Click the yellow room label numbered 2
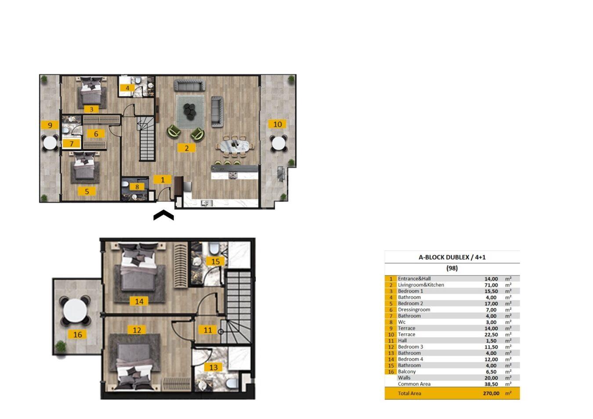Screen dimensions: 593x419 (187, 148)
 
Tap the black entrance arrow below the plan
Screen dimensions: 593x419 (163, 215)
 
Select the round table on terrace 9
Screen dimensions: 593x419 (50, 143)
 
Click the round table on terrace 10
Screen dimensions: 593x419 (278, 143)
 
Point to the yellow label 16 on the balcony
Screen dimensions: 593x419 (78, 335)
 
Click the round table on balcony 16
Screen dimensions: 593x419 (76, 310)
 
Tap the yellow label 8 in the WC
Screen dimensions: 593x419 (137, 187)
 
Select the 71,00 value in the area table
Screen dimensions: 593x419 (491, 285)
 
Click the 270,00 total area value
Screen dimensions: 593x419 (491, 394)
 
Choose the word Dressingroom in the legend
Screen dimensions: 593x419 (414, 310)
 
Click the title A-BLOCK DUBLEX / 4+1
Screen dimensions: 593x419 (452, 257)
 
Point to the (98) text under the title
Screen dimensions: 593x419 (452, 268)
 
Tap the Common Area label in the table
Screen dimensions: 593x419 (414, 384)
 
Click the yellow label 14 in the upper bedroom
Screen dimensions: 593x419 (139, 301)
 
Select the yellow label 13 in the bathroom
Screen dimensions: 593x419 (213, 367)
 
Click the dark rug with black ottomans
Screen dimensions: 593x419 (190, 112)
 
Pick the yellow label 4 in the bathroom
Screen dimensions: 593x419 (127, 88)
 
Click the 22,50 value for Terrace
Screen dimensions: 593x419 (491, 335)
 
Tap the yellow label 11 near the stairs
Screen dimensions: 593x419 (208, 330)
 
